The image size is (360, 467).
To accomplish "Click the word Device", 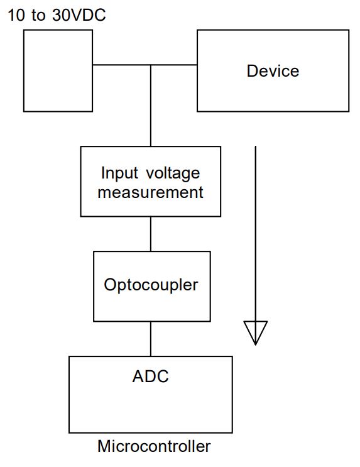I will (273, 71).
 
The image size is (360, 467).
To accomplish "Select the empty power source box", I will (58, 70).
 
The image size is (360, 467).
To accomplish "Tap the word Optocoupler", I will (151, 285).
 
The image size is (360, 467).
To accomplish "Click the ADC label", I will (150, 376).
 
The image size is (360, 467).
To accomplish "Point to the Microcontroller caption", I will (154, 447).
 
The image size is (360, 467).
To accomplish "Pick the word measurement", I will (151, 192).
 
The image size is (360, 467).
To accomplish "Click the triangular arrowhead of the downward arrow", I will (255, 332).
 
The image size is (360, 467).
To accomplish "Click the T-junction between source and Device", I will (151, 65).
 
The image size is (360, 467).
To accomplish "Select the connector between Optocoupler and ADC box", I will (151, 339).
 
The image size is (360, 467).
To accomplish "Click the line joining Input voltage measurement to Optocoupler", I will (151, 234).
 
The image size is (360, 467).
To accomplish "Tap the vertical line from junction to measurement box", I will (151, 107).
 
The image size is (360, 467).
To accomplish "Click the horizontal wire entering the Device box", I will (176, 65).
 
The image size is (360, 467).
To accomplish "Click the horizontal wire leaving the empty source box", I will (119, 65).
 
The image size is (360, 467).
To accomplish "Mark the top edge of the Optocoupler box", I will (151, 251).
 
